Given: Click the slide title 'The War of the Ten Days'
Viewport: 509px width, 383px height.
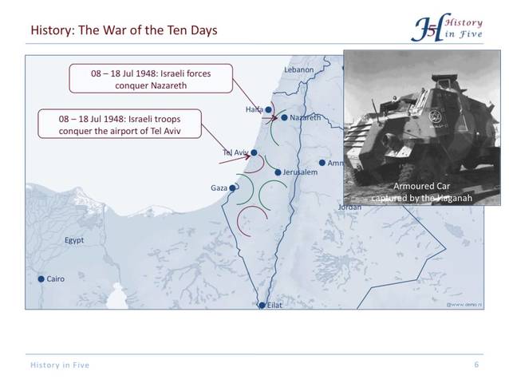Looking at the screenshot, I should pos(124,30).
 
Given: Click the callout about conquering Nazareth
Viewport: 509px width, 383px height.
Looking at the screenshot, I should pos(150,79).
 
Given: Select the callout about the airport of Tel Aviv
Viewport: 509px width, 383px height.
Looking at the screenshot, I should pos(119,124).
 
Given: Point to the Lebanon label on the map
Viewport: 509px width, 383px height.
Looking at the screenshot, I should pos(299,70).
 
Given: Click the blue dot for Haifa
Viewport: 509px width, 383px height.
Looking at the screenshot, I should pos(269,109).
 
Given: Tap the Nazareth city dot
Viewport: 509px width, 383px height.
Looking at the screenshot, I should pos(284,117).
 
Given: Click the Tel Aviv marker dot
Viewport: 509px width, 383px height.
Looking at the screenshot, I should pos(254,152).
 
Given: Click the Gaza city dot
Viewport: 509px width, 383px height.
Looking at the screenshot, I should pos(233,188).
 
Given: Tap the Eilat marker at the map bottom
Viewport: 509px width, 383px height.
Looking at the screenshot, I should pos(262,305).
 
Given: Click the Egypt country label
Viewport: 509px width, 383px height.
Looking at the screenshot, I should pos(74,240).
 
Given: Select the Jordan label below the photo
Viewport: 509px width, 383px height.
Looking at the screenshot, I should pos(349,207).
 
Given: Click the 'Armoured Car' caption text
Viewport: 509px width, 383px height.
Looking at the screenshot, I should pos(421,186).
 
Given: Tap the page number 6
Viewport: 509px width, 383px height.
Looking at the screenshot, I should pos(476,365).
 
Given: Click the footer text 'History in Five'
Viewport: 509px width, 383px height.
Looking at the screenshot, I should pos(60,365).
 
